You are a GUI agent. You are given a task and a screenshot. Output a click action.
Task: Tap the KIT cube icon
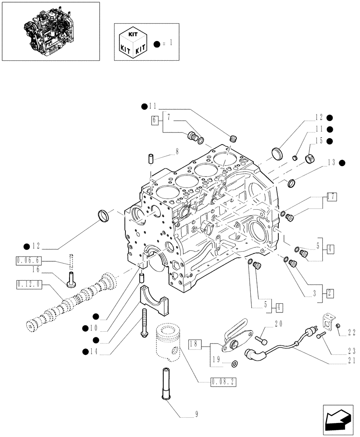(132, 42)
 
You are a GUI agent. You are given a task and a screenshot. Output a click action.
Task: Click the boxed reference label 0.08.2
(223, 382)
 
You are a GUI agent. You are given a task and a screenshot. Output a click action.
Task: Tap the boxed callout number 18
(195, 344)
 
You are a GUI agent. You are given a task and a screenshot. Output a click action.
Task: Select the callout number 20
(278, 324)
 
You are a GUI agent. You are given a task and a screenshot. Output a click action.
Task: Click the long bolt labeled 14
(145, 324)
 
